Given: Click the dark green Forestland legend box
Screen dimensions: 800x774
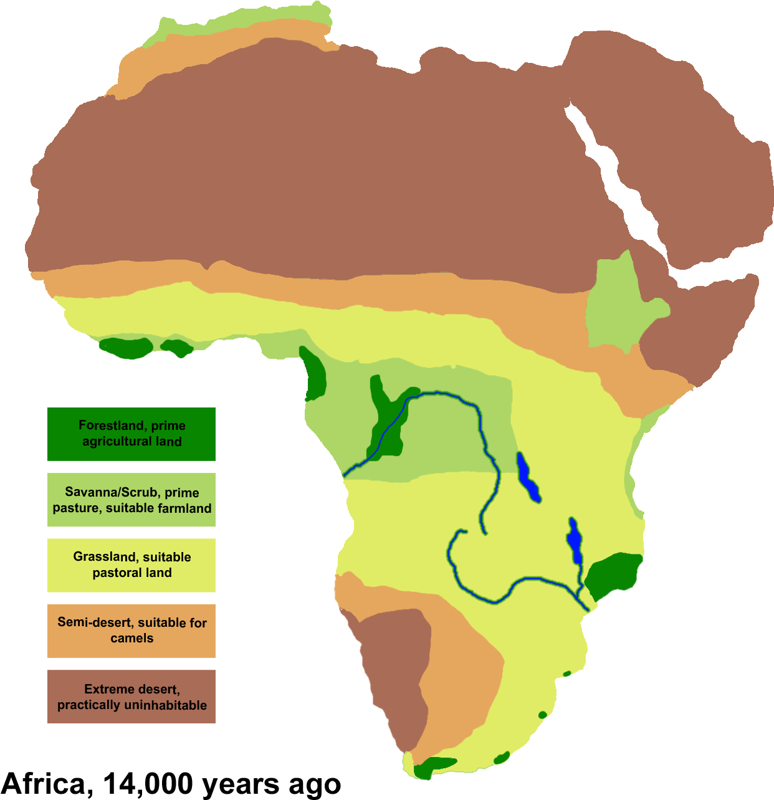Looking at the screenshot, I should [131, 434].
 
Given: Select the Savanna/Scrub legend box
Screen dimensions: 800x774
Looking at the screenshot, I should [131, 500].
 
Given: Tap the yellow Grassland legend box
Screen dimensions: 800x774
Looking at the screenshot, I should [131, 565].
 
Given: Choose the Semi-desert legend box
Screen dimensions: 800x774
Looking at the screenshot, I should [131, 631].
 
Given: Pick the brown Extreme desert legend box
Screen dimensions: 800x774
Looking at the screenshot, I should [131, 697].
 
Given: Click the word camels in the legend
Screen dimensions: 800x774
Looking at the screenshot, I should [131, 638].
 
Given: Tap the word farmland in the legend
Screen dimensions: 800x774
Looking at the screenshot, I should [185, 508].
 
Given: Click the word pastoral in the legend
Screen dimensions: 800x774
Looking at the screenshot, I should [114, 573].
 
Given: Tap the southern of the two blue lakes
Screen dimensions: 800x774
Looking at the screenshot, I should [574, 540].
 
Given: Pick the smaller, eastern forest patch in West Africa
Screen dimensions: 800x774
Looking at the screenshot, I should [178, 348].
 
